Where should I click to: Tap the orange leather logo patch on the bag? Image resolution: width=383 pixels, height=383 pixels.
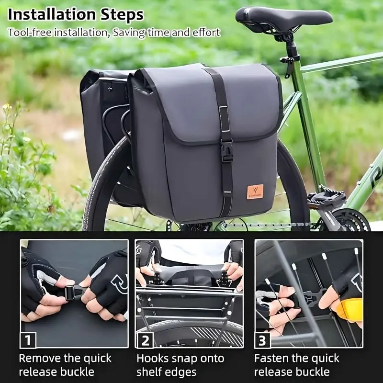[x=255, y=192]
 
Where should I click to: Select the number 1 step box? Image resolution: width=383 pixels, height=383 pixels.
[x=28, y=340]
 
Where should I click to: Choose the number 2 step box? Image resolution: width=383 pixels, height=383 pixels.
[x=145, y=340]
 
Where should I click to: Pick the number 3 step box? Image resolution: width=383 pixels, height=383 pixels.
[x=262, y=340]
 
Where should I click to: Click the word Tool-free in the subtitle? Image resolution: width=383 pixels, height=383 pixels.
[x=30, y=33]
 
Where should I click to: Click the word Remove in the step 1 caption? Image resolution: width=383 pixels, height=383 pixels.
[x=40, y=358]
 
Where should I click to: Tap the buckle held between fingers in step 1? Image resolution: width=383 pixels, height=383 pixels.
[x=73, y=293]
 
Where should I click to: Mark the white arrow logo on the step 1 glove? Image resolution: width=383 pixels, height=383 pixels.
[x=119, y=283]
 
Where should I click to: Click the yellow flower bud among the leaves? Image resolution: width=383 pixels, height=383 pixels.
[x=6, y=106]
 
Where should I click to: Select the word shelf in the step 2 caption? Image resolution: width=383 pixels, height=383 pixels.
[x=149, y=372]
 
